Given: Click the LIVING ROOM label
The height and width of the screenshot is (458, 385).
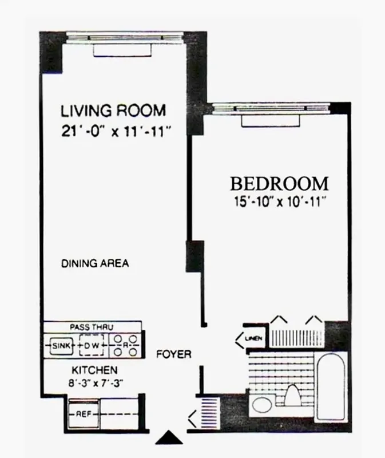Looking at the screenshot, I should tap(113, 109).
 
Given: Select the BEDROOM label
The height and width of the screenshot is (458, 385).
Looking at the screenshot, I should tap(279, 184).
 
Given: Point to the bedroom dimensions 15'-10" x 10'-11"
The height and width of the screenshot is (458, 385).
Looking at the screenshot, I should tap(279, 202).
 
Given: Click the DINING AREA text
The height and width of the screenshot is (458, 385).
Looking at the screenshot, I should tap(95, 264).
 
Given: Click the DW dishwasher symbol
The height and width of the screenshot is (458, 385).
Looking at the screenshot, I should tap(93, 346).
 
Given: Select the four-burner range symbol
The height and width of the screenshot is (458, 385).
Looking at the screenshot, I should tap(125, 346).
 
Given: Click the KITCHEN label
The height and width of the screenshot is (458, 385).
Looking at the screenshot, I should tap(94, 370).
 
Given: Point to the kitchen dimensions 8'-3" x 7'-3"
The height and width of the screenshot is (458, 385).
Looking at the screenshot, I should tap(95, 382).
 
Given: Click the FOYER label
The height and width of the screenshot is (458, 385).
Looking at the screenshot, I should tap(173, 354).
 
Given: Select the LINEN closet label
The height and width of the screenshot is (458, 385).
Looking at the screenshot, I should tap(253, 339).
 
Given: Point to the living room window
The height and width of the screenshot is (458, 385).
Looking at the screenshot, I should tap(124, 38).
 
